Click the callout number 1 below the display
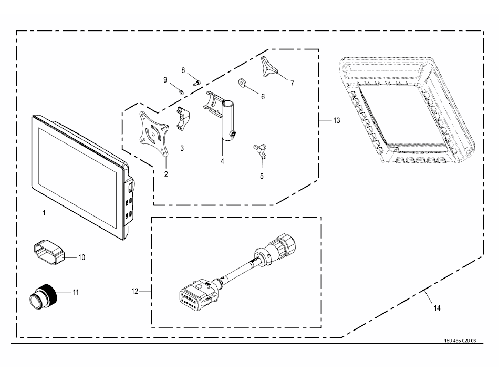44,213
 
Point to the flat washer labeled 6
244,83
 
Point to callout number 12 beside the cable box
135,291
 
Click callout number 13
336,120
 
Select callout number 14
436,309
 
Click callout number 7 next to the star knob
292,83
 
